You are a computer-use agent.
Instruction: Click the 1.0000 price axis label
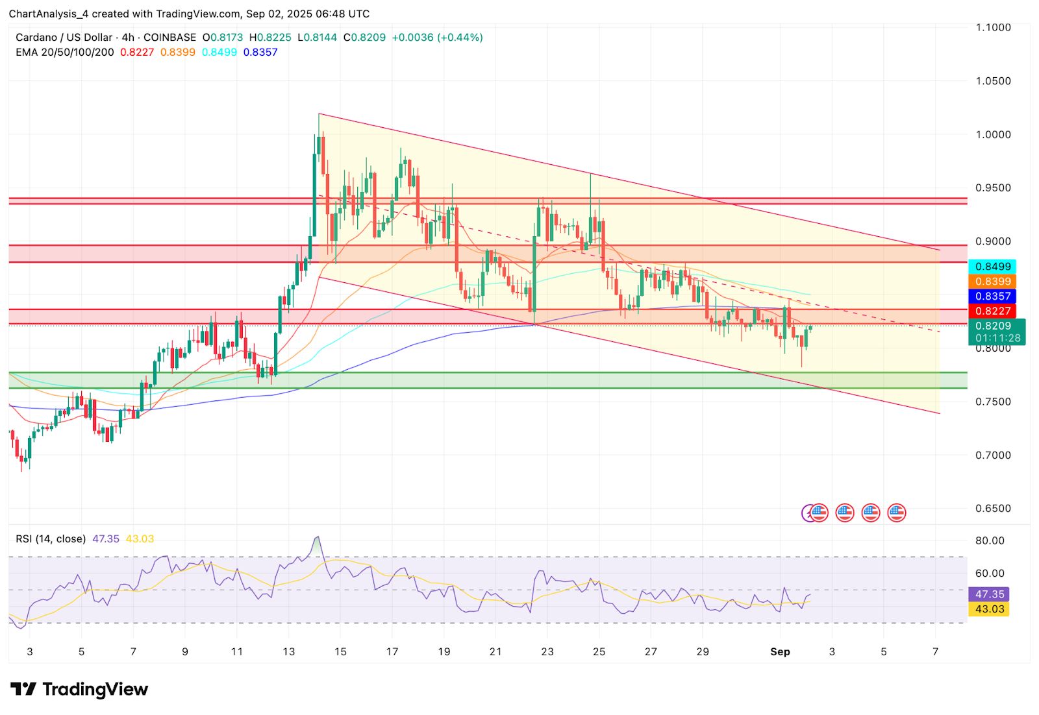(993, 134)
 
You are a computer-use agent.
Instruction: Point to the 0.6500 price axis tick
(993, 509)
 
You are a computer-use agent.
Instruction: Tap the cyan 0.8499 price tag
(993, 267)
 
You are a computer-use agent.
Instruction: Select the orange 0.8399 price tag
(993, 282)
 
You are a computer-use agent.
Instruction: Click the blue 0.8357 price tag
(993, 297)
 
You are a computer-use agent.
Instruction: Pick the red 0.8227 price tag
(993, 311)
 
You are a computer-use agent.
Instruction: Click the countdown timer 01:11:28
(997, 338)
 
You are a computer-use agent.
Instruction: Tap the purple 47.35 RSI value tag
(990, 594)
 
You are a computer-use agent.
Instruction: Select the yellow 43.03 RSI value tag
(990, 609)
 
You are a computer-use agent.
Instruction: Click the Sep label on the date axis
(780, 652)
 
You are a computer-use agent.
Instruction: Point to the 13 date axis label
(288, 652)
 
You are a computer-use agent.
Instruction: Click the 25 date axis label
(599, 652)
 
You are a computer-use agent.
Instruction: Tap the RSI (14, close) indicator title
(51, 539)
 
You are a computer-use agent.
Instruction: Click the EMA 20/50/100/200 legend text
(64, 53)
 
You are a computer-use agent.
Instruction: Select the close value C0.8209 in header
(364, 38)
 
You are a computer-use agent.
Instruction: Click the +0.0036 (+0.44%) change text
(437, 38)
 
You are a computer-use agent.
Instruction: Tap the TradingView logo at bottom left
(79, 689)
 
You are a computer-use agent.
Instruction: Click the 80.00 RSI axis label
(990, 540)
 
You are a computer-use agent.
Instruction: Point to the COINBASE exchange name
(169, 38)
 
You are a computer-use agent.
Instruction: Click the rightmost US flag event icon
(896, 513)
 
